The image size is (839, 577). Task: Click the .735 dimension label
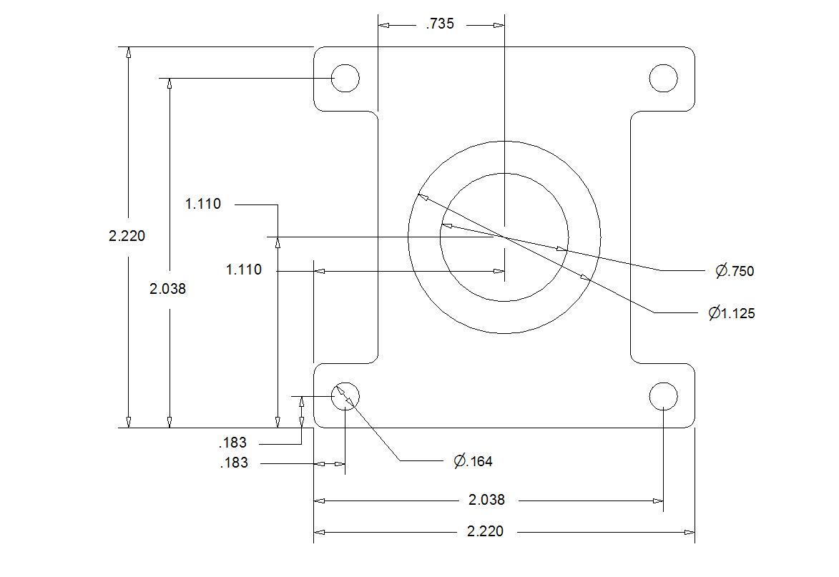coord(439,24)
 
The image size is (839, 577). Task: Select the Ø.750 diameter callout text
coord(735,271)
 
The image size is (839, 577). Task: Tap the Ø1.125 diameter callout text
coord(732,313)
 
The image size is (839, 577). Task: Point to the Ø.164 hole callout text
coord(473,462)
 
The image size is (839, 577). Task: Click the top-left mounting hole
coord(345,78)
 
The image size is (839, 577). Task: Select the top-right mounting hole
coord(663,78)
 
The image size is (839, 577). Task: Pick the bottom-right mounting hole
coord(663,396)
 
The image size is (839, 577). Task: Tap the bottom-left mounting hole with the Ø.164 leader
coord(345,396)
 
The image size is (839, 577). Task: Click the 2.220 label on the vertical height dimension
coord(127,236)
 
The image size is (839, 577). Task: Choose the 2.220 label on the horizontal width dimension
coord(485,531)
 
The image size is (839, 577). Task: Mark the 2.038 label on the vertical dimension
coord(167,289)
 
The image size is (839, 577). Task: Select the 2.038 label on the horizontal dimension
coord(486,500)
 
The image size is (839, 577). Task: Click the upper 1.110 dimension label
coord(203,204)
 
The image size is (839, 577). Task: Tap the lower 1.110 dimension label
coord(244,270)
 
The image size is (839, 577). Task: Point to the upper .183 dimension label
coord(232,443)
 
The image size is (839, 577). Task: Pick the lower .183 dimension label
coord(234,463)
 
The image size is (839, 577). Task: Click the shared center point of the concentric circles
coord(504,237)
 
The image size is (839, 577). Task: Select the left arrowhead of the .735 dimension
coord(384,25)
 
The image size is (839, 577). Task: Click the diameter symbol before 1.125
coord(714,313)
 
